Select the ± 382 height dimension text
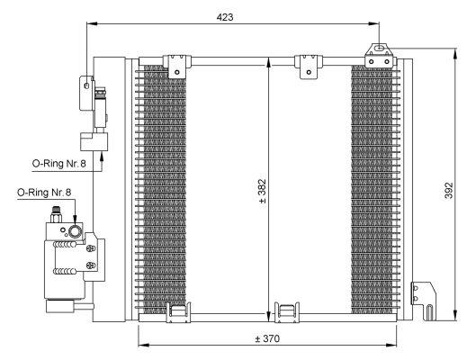point(262,192)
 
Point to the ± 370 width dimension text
point(266,339)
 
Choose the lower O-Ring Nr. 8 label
point(42,193)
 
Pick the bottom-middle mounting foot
point(288,312)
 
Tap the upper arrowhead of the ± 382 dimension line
point(270,61)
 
